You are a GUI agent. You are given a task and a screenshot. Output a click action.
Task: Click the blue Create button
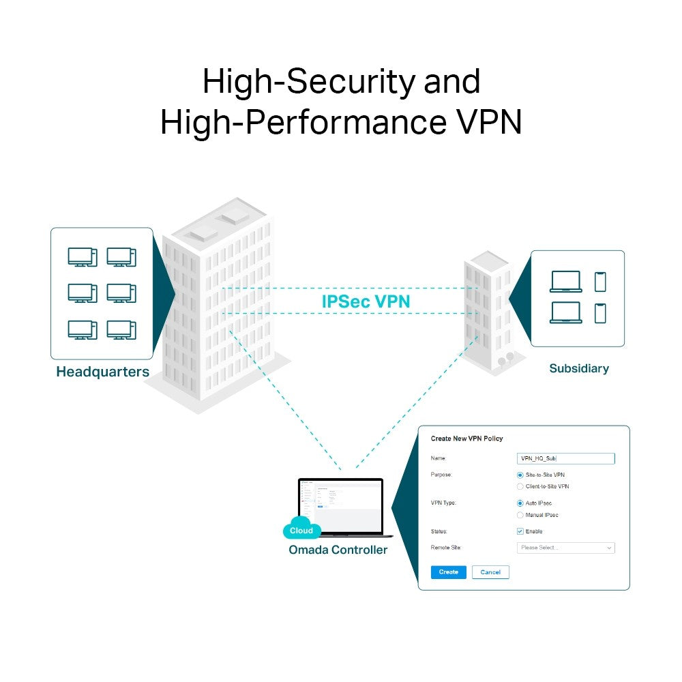coord(448,572)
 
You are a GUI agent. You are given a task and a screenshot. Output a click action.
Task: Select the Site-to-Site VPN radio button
coord(520,475)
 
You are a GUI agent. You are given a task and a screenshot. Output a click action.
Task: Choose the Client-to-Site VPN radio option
coord(520,487)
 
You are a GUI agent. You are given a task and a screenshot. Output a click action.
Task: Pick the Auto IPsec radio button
coord(520,503)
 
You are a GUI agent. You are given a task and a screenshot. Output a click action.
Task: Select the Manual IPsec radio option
coord(520,515)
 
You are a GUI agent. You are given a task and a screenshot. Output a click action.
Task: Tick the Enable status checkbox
coord(520,531)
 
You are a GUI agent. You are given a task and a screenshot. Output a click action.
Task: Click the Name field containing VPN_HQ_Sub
coord(565,459)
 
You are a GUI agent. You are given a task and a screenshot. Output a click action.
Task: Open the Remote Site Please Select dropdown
coord(565,548)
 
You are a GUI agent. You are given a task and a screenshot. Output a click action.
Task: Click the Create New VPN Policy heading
coord(466,439)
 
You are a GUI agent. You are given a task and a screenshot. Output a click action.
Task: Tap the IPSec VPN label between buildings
coord(366,301)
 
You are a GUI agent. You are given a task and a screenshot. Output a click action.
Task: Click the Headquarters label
coord(102,372)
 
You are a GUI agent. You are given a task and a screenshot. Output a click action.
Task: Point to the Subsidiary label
coord(578,369)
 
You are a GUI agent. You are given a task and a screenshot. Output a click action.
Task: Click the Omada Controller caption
coord(338,550)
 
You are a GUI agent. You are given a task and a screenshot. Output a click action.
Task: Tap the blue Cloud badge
coord(301,530)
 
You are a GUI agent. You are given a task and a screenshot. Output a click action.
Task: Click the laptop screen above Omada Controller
coord(341,505)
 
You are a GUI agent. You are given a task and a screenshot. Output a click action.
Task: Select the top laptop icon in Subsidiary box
coord(565,282)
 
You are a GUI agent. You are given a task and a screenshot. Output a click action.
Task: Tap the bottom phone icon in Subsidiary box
coord(600,313)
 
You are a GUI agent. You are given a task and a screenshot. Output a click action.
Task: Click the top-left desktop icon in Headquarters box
coord(82,257)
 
